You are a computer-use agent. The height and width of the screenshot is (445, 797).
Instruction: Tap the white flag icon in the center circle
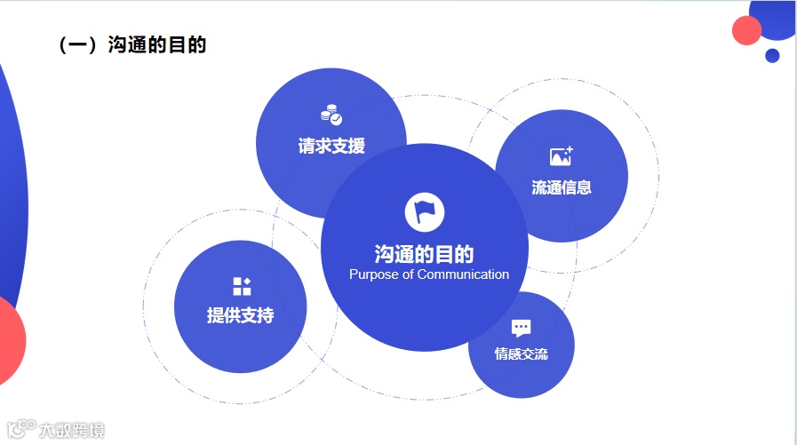click(424, 211)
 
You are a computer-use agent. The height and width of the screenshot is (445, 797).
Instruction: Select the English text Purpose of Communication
click(429, 274)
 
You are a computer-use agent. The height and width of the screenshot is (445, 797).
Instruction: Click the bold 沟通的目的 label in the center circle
click(424, 254)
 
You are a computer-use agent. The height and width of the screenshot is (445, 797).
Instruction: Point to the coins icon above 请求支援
click(331, 115)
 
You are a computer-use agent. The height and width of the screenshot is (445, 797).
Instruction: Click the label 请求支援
click(331, 146)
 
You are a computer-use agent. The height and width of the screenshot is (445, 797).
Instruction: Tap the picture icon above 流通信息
click(561, 157)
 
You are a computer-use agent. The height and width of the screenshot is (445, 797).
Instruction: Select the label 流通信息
click(561, 187)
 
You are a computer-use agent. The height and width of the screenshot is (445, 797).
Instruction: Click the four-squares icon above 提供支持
click(241, 286)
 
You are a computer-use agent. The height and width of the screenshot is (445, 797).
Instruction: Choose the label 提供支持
click(240, 315)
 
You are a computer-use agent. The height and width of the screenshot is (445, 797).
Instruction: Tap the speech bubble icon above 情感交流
click(522, 328)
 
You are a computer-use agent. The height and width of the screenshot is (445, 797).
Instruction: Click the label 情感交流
click(522, 354)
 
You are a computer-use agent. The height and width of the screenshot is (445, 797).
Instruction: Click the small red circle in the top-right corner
click(746, 30)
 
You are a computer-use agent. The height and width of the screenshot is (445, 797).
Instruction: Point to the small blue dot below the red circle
click(772, 56)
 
